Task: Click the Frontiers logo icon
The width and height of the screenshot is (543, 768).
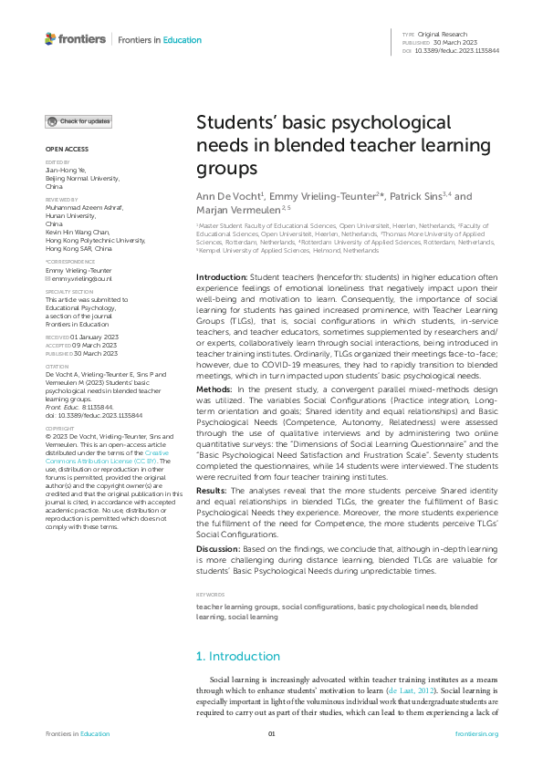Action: point(50,38)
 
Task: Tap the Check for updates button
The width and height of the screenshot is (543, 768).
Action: point(79,121)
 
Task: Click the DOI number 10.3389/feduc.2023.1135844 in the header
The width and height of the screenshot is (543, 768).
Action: point(456,51)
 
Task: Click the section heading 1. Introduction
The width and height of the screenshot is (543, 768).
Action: point(238,656)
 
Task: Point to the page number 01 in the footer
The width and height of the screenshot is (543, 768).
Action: point(271,734)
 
